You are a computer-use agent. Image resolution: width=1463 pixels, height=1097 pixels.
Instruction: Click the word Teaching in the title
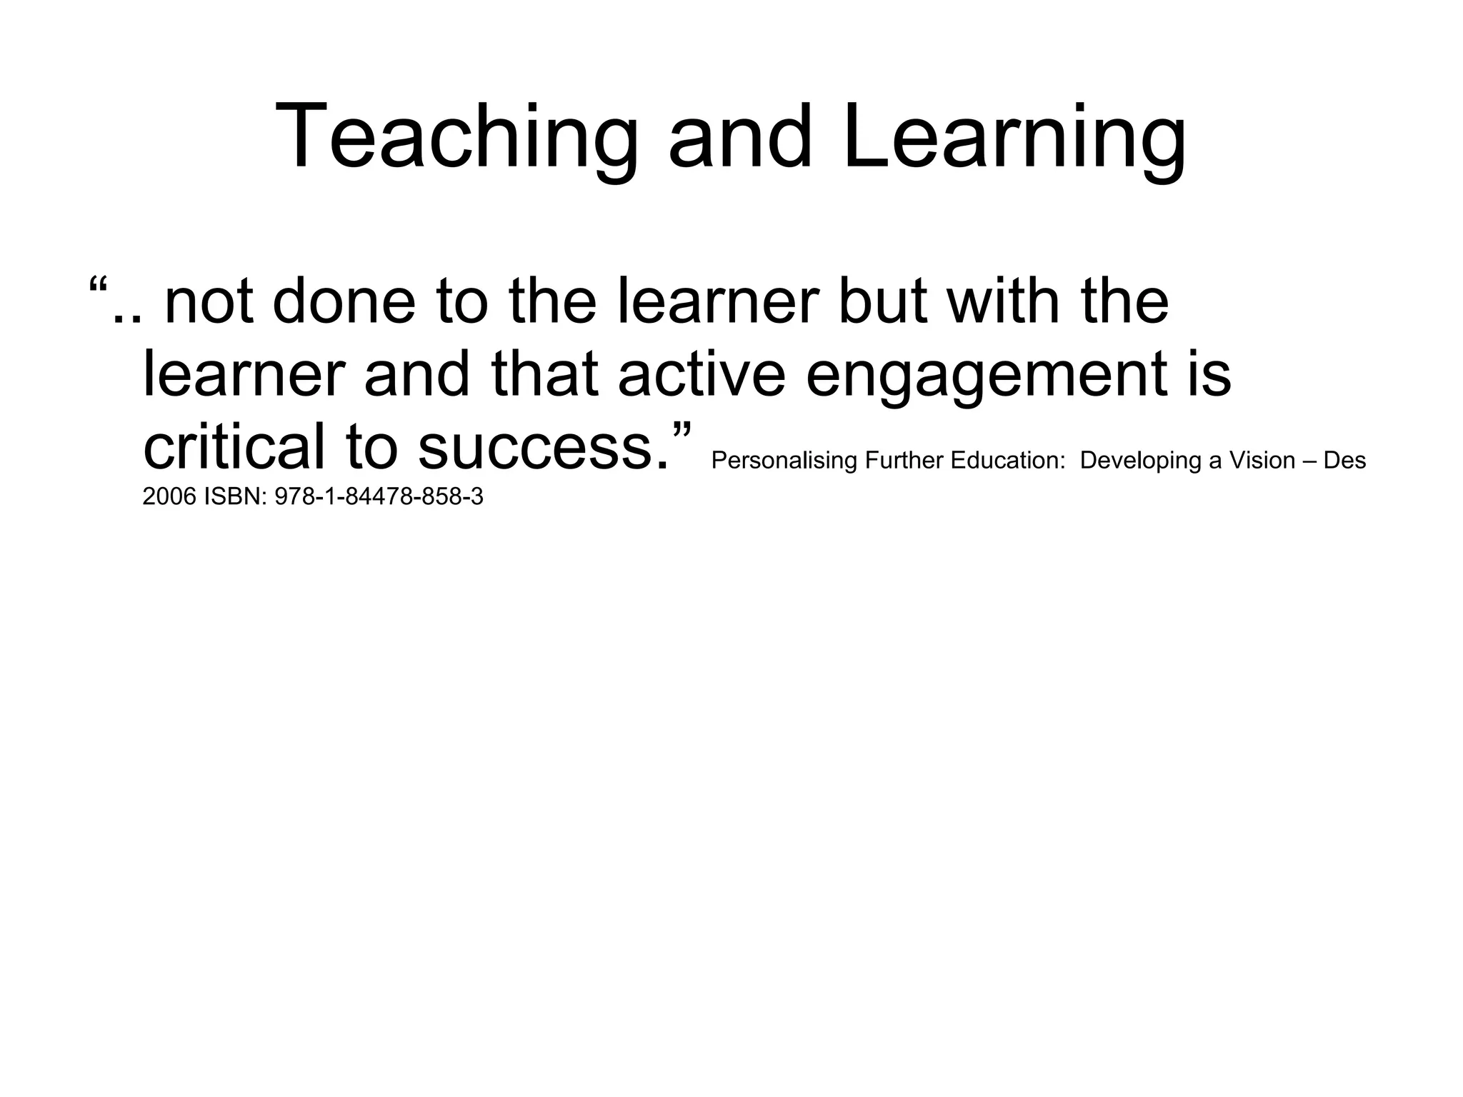pyautogui.click(x=456, y=137)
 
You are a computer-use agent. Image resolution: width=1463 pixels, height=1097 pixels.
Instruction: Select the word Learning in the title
pyautogui.click(x=1014, y=137)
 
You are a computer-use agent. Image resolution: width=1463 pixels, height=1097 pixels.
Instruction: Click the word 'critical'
pyautogui.click(x=234, y=447)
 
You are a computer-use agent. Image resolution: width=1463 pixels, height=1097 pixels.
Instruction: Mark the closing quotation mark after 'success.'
pyautogui.click(x=681, y=431)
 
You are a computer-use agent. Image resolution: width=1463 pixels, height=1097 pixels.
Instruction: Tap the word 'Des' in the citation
pyautogui.click(x=1344, y=461)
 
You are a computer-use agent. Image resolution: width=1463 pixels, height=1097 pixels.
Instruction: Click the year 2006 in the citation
pyautogui.click(x=169, y=496)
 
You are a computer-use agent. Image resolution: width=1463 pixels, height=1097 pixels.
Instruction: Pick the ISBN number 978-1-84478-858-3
pyautogui.click(x=379, y=496)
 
